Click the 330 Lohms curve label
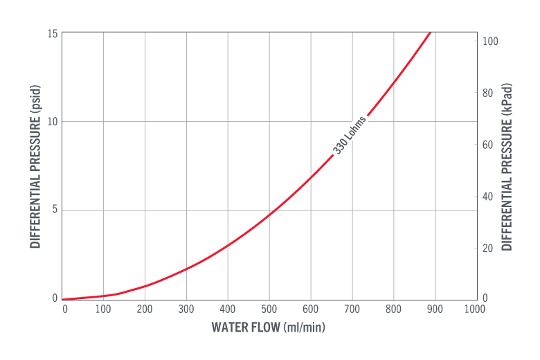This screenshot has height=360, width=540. point(350,135)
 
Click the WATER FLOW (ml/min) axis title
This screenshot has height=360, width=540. point(268,327)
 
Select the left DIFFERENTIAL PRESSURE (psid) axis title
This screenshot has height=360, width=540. point(35,166)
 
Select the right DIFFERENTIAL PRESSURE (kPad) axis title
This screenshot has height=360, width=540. point(507,167)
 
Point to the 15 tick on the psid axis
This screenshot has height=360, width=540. point(53,33)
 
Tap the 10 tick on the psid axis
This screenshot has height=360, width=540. point(53,122)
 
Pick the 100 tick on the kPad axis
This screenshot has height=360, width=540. point(490,42)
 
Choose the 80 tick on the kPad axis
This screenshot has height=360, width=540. point(488,93)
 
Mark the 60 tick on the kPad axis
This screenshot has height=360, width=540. point(488,145)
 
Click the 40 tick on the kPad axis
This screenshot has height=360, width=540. point(488,197)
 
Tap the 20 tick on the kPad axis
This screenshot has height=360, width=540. point(488,248)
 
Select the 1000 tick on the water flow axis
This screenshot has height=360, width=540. point(476,309)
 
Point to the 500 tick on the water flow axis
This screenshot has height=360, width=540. point(269,309)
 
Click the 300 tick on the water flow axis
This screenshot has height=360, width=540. point(186,309)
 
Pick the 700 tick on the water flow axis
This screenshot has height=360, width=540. point(352,309)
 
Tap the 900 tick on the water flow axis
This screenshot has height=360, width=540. point(435,309)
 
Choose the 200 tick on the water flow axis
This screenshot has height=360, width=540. point(145,309)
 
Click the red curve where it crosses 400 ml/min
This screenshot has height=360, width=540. point(228,245)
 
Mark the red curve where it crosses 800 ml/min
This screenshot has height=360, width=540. point(394,82)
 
